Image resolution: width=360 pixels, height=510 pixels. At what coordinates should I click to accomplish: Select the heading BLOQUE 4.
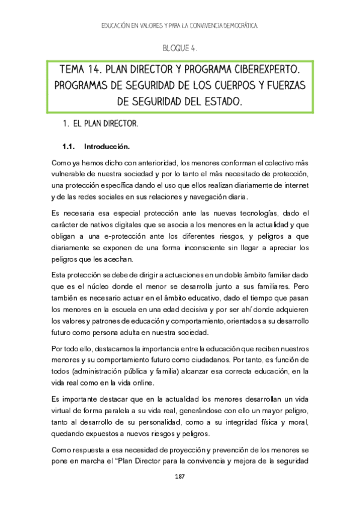tap(180, 48)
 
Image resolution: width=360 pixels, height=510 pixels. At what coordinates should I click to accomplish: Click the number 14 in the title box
tap(96, 71)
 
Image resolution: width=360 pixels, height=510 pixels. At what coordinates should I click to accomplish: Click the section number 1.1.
tap(68, 146)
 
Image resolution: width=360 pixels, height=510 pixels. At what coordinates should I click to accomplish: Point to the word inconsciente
tap(195, 247)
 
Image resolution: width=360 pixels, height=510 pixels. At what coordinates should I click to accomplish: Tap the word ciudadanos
tap(221, 360)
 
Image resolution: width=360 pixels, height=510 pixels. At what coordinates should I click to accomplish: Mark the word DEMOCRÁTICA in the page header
tap(236, 26)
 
